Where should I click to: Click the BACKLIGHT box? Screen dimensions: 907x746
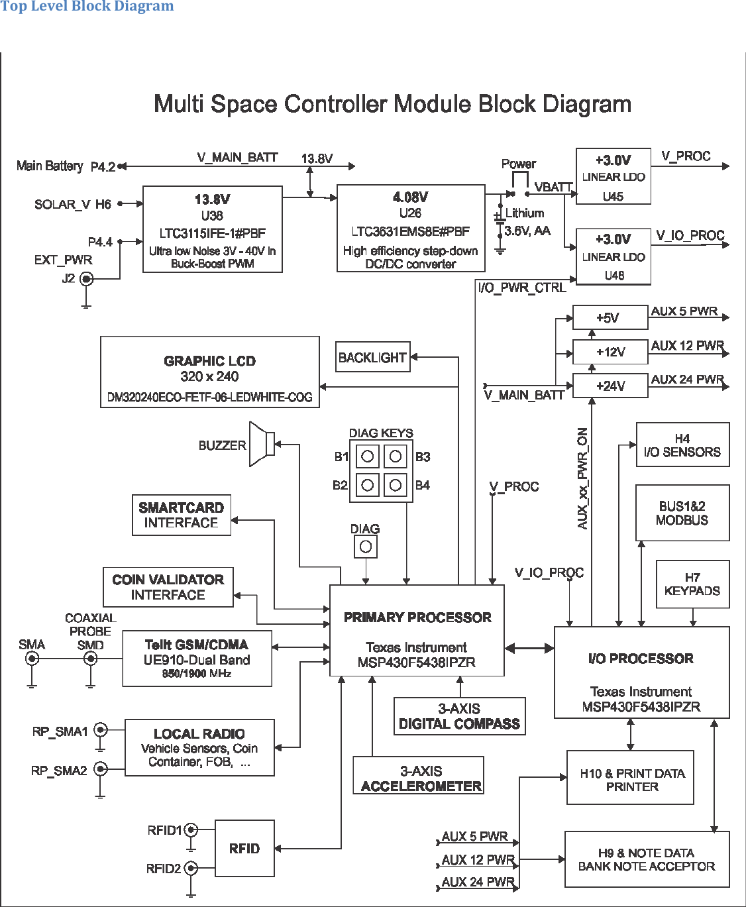pos(372,357)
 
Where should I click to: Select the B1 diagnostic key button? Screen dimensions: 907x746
pos(367,456)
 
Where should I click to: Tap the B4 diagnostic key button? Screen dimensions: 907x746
pos(396,485)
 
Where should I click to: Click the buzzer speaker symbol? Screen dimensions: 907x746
pos(262,444)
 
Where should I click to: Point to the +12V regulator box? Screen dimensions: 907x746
pos(610,352)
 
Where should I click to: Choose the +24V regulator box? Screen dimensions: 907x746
pos(610,386)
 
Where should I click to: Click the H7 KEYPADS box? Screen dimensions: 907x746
pos(692,584)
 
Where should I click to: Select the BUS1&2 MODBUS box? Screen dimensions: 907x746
pos(682,513)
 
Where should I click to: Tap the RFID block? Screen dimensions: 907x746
pos(244,848)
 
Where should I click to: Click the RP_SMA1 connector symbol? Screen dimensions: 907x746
pos(100,730)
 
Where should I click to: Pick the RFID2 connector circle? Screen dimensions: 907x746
pos(191,868)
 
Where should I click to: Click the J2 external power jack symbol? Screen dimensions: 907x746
pos(86,279)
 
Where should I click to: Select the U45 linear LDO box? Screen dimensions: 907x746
pos(613,177)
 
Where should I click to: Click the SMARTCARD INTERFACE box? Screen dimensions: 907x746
pos(182,515)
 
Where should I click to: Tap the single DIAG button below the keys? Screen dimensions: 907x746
pos(365,547)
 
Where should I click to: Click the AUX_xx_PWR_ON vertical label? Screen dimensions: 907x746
pos(583,478)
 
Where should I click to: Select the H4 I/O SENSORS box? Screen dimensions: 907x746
pos(682,445)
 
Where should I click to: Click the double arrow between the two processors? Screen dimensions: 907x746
pos(529,647)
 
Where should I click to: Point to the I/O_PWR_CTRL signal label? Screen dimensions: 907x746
pos(522,288)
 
